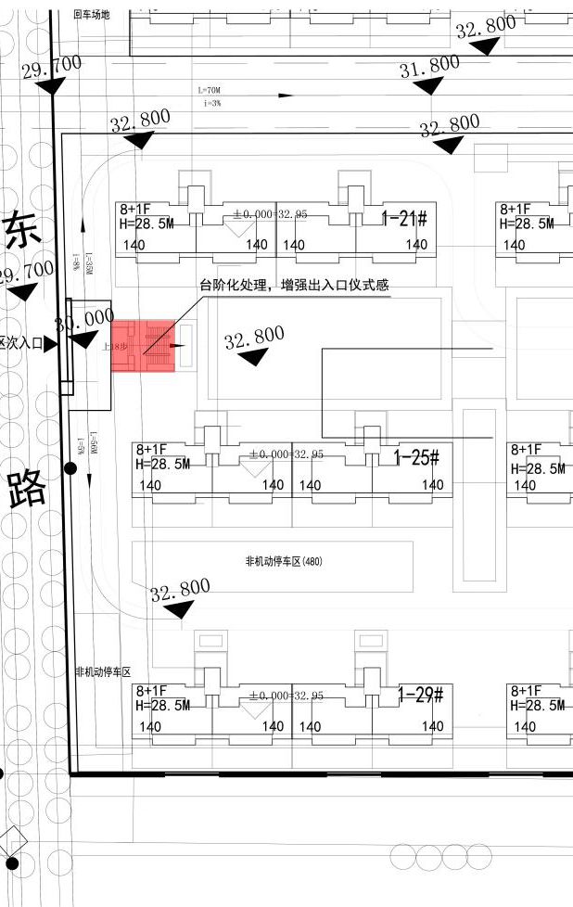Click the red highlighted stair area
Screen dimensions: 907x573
tap(144, 346)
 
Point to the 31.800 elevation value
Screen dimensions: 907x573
tap(429, 67)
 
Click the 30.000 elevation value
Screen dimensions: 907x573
tap(84, 321)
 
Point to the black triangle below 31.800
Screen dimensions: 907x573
tap(428, 85)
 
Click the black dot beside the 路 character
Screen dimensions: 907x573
tap(71, 468)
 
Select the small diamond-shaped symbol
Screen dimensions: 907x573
tap(13, 840)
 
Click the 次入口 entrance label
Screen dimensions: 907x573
tap(24, 343)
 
